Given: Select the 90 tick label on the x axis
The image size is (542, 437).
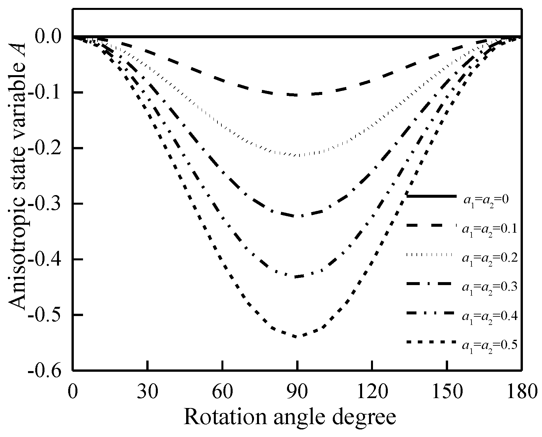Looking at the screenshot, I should pyautogui.click(x=298, y=393).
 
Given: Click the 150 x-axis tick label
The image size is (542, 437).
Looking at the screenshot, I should pyautogui.click(x=446, y=393).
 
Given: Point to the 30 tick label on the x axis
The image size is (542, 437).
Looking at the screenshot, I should pyautogui.click(x=148, y=393).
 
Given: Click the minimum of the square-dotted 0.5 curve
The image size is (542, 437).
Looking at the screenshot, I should pyautogui.click(x=298, y=336).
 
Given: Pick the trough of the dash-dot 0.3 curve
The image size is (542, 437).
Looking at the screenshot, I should pyautogui.click(x=298, y=216).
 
